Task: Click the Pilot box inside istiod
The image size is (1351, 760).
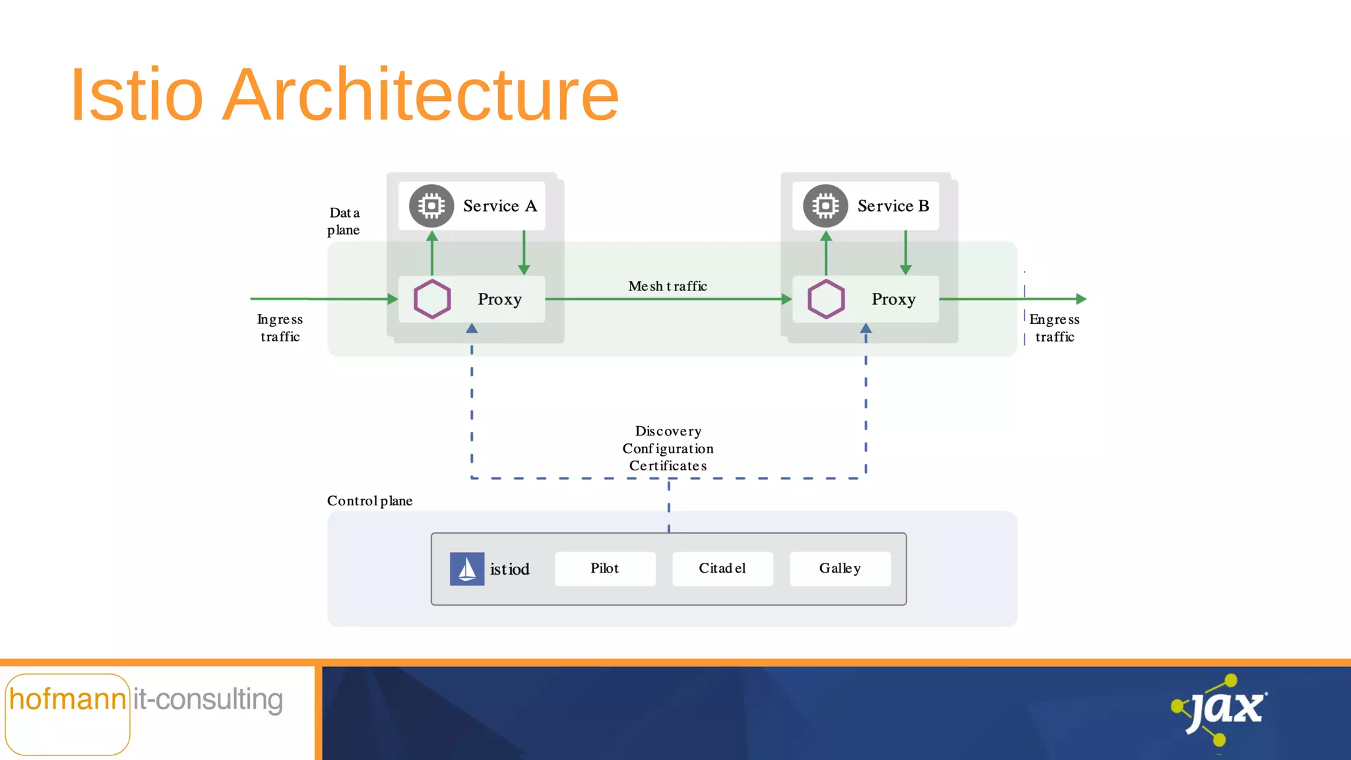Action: pyautogui.click(x=605, y=569)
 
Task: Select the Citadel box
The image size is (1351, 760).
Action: pyautogui.click(x=722, y=569)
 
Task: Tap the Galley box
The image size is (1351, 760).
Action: pyautogui.click(x=840, y=569)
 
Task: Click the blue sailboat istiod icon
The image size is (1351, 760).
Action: pyautogui.click(x=467, y=569)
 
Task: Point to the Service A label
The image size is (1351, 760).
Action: pyautogui.click(x=500, y=206)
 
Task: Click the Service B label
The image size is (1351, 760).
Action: pyautogui.click(x=893, y=206)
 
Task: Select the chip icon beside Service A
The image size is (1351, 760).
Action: pyautogui.click(x=431, y=206)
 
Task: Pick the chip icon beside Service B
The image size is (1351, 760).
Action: pyautogui.click(x=825, y=206)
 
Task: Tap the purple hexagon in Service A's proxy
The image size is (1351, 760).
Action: pyautogui.click(x=432, y=300)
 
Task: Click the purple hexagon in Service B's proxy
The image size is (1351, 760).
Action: pyautogui.click(x=826, y=300)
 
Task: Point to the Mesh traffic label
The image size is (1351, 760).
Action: pyautogui.click(x=668, y=286)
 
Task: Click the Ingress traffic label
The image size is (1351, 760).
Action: pyautogui.click(x=280, y=328)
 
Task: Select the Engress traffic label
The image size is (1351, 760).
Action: pyautogui.click(x=1054, y=328)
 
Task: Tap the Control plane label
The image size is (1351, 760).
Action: pyautogui.click(x=369, y=501)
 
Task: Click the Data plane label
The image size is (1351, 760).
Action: pyautogui.click(x=344, y=222)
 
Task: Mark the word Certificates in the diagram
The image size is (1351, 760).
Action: pyautogui.click(x=668, y=466)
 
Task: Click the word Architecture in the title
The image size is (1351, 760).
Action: pyautogui.click(x=420, y=95)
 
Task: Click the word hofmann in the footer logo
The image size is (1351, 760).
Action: pyautogui.click(x=67, y=700)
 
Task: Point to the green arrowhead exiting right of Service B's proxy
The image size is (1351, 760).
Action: pyautogui.click(x=1081, y=299)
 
